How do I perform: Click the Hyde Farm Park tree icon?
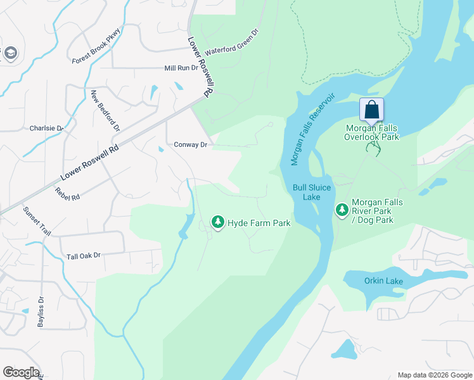218,222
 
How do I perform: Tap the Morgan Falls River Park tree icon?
342,210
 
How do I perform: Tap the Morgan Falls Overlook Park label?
372,132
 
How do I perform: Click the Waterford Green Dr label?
232,41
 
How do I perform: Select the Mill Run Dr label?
181,68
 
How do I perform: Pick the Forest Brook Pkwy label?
96,49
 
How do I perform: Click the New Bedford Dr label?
105,110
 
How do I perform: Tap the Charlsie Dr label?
47,128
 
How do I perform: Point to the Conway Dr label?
191,145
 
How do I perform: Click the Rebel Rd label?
67,194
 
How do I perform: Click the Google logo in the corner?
21,372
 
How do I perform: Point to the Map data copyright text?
434,375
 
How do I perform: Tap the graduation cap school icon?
10,54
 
